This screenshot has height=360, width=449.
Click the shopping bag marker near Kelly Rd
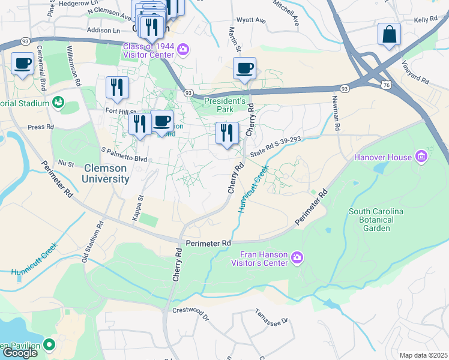coord(389,35)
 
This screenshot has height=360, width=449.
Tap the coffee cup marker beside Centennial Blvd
coord(23,63)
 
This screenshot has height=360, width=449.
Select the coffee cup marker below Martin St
coord(244,68)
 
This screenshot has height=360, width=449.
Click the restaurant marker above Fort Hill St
coord(117,88)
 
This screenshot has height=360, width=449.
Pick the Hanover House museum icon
coord(421,157)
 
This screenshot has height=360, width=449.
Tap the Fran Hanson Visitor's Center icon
coord(297,258)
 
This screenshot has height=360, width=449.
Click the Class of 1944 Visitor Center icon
coord(182,49)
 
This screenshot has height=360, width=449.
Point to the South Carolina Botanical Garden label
coord(376,220)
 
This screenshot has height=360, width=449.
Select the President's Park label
coord(225,106)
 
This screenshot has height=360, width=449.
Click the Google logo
coord(19,353)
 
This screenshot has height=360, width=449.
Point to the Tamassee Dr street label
coord(271,316)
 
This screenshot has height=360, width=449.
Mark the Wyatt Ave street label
coord(252,20)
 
